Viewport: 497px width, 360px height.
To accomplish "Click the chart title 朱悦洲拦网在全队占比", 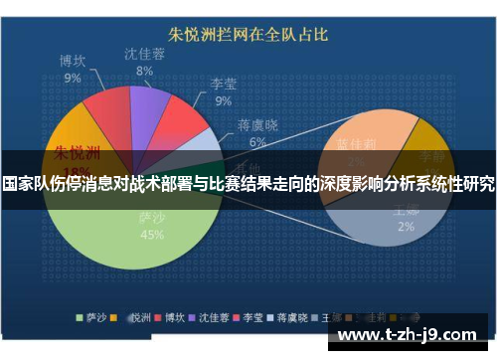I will [x=248, y=35].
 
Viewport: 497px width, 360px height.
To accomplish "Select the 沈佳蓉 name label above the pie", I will [x=144, y=54].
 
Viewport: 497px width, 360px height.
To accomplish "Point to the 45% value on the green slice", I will [x=152, y=235].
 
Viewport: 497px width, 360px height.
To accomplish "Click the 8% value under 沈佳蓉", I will [x=144, y=71].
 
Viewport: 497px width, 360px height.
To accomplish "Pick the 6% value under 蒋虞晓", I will [x=257, y=142].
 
